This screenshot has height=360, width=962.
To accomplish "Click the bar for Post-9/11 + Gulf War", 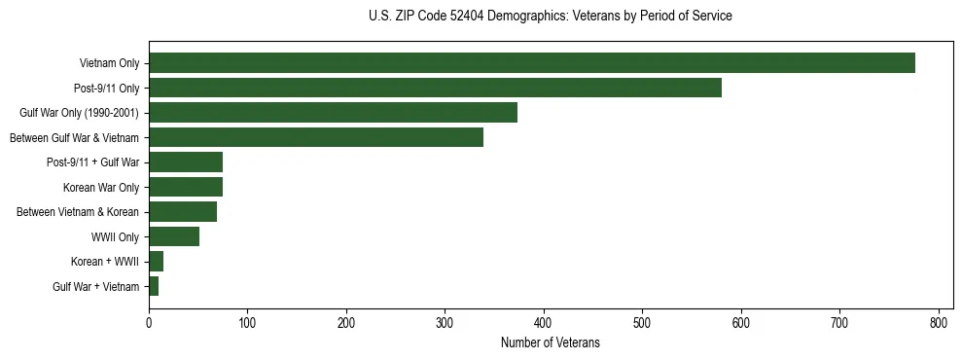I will click(x=186, y=162).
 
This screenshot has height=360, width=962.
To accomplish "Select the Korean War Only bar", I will click(x=186, y=187).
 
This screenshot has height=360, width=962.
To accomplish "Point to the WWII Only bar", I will click(x=174, y=236).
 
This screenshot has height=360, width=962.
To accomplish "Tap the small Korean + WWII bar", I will click(x=157, y=262).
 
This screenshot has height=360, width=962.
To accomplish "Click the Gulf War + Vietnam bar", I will click(x=154, y=286).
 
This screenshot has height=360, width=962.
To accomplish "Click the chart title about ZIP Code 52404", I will click(x=551, y=17).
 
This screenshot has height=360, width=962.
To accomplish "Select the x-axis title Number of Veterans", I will click(x=551, y=343).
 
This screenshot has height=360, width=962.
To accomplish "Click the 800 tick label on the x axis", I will click(x=939, y=322).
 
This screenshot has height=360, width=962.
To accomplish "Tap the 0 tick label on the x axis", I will click(x=149, y=322).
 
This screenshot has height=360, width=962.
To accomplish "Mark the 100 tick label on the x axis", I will click(x=247, y=322).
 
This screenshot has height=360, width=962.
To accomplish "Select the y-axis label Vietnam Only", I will click(x=109, y=63).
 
